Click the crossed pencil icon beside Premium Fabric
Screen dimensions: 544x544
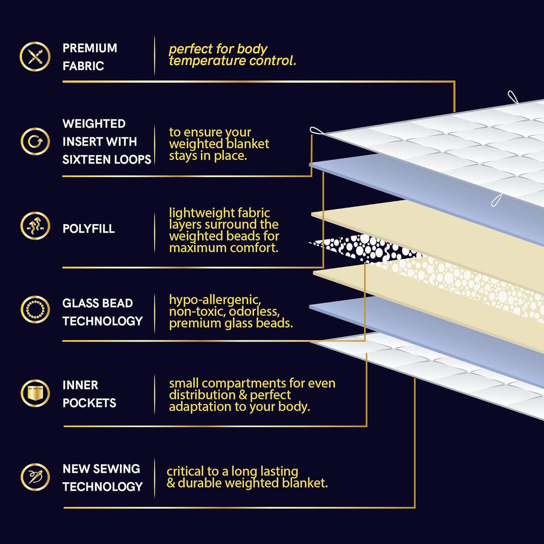click(x=35, y=56)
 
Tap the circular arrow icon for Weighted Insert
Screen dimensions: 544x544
click(x=35, y=141)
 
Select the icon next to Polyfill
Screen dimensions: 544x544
click(x=35, y=226)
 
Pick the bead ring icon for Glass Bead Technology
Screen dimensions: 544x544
click(x=35, y=310)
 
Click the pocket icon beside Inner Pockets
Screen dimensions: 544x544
click(x=35, y=394)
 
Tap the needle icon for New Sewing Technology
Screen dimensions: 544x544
click(x=35, y=477)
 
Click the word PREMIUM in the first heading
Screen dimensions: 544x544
click(x=90, y=48)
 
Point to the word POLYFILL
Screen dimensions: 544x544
click(x=89, y=228)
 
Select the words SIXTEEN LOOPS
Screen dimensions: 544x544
click(x=107, y=159)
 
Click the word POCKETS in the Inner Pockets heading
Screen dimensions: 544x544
click(x=89, y=403)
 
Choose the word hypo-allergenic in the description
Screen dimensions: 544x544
click(x=215, y=300)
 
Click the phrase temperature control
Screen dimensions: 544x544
click(x=233, y=61)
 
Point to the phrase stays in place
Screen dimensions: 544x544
click(x=208, y=156)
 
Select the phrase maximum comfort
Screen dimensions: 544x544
click(x=224, y=248)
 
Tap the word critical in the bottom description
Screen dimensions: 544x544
click(x=185, y=471)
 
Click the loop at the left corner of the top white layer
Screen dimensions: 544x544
click(x=317, y=131)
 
